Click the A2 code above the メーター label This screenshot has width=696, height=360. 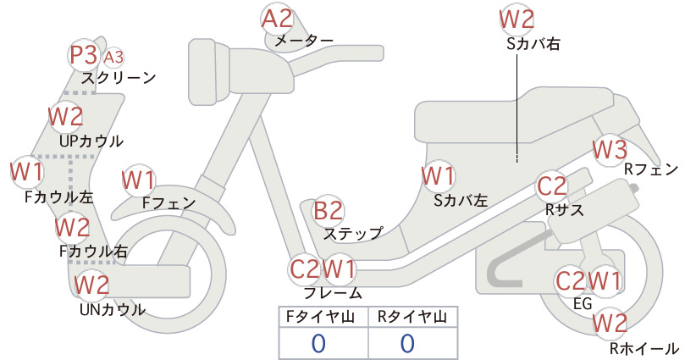(278, 19)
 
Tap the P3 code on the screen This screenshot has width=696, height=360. (84, 55)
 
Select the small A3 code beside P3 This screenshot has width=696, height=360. (113, 58)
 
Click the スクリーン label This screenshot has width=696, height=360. (119, 78)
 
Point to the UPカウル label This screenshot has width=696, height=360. (91, 141)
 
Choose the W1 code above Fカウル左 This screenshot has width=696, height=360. (26, 172)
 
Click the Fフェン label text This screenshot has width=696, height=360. (168, 202)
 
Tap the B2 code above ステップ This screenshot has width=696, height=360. (329, 211)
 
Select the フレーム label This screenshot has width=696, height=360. (333, 293)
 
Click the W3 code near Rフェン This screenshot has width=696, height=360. (610, 150)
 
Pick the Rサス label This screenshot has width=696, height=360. (564, 209)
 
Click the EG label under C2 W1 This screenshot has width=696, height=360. (583, 303)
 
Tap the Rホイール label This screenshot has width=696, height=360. (644, 348)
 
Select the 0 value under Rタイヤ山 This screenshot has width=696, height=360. (407, 343)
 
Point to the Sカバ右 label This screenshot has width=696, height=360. (533, 43)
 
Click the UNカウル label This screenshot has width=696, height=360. (113, 309)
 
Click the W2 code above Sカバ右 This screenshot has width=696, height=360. (516, 19)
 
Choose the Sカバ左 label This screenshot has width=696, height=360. (461, 201)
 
